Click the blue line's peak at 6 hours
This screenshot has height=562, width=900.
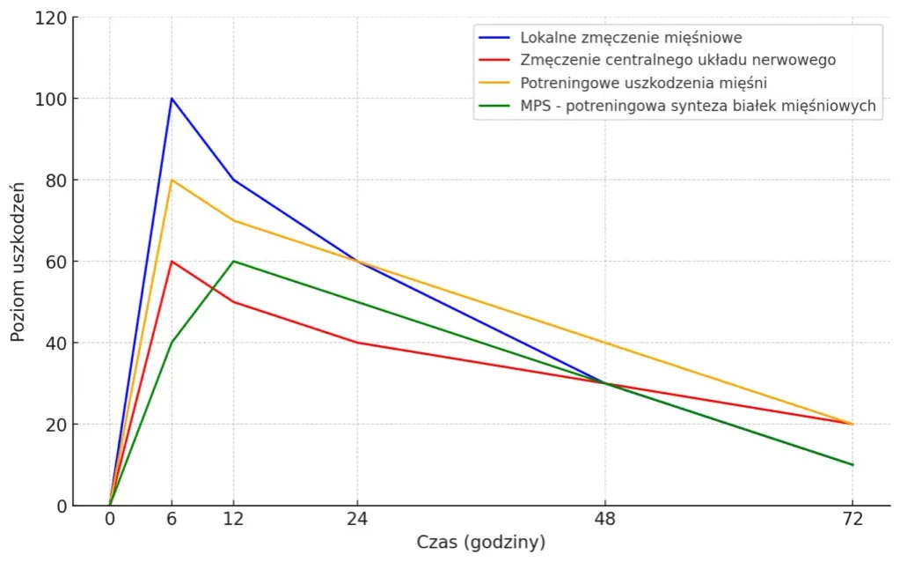[x=172, y=99]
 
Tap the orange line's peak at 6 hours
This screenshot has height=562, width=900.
[x=172, y=180]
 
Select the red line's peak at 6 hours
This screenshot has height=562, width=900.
[x=172, y=262]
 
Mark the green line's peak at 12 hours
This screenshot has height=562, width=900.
[x=233, y=262]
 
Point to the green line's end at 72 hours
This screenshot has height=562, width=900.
[x=852, y=464]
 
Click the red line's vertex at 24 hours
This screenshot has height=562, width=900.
[x=357, y=343]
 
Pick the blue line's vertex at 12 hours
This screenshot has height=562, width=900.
[x=233, y=180]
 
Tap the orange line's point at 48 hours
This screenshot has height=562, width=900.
[x=604, y=343]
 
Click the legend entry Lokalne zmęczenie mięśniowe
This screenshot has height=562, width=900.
[x=631, y=38]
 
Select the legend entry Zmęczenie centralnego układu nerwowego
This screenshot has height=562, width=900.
[x=677, y=61]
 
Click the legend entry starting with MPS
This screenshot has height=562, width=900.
[x=698, y=107]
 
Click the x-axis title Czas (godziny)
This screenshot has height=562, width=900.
[x=480, y=543]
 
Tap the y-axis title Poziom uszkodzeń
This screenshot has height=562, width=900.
[x=18, y=262]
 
